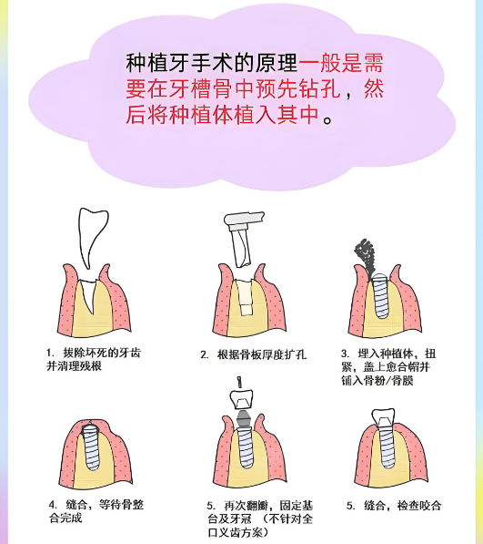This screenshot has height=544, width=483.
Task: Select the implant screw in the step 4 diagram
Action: click(91, 452)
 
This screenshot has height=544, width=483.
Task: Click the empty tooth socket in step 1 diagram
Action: click(91, 296)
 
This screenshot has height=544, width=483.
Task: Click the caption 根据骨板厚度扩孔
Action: click(260, 354)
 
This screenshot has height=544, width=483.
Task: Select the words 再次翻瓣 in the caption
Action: click(241, 505)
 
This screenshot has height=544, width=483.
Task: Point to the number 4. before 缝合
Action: click(51, 505)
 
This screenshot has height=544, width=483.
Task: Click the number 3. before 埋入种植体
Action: click(345, 353)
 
